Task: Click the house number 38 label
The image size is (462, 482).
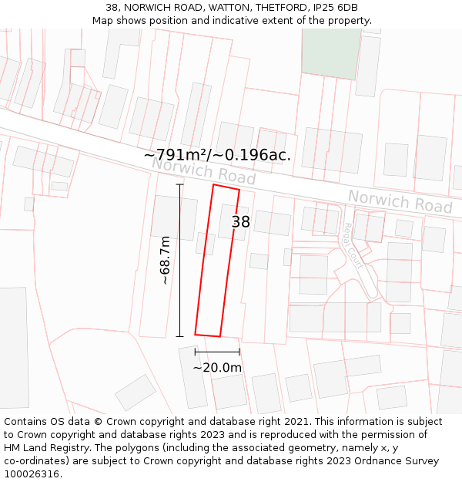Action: [x=241, y=222]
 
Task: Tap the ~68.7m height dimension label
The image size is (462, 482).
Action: [x=165, y=261]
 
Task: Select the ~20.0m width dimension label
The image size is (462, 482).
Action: [x=217, y=368]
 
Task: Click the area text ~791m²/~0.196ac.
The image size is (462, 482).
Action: [x=217, y=155]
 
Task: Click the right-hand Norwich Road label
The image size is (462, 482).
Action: [x=400, y=201]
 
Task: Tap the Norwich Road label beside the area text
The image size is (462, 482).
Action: [x=203, y=170]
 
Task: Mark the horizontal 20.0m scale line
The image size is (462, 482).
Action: [x=217, y=352]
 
